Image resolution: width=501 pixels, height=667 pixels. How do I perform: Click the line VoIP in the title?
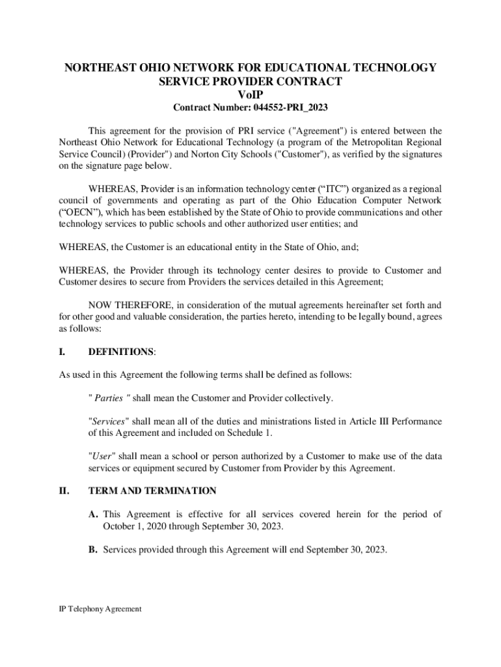250,95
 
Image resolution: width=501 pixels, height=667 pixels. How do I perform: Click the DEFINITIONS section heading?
121,352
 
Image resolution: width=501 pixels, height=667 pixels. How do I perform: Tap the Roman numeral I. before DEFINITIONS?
62,352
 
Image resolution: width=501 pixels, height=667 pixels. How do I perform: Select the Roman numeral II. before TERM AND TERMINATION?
64,490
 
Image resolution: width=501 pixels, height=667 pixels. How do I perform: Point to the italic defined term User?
101,456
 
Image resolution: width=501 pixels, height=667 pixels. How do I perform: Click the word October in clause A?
117,526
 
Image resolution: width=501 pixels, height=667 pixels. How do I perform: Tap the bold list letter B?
93,550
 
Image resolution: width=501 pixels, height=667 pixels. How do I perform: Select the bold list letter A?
94,515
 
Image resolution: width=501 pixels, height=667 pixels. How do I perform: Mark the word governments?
128,201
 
